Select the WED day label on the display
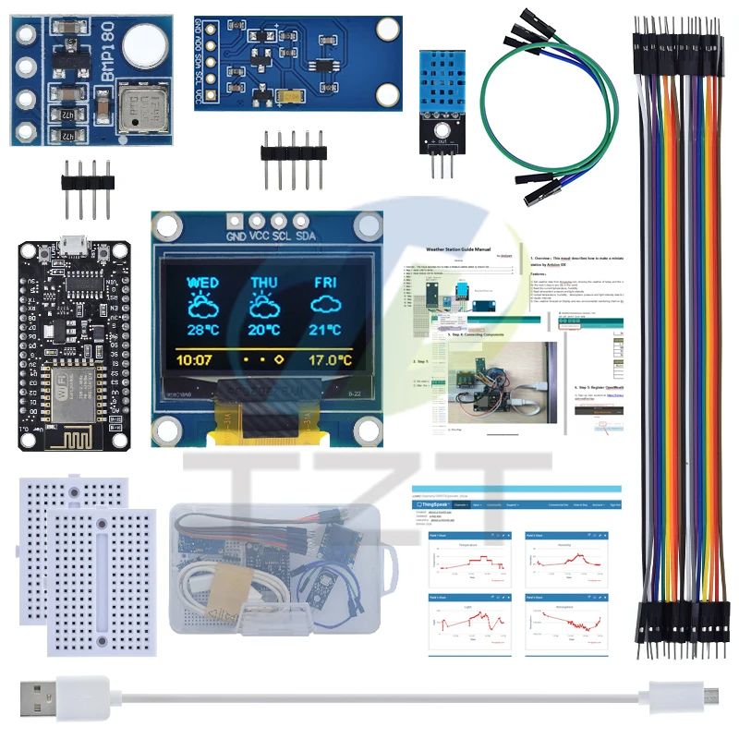(202, 282)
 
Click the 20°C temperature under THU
(264, 330)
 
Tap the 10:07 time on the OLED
(194, 359)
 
